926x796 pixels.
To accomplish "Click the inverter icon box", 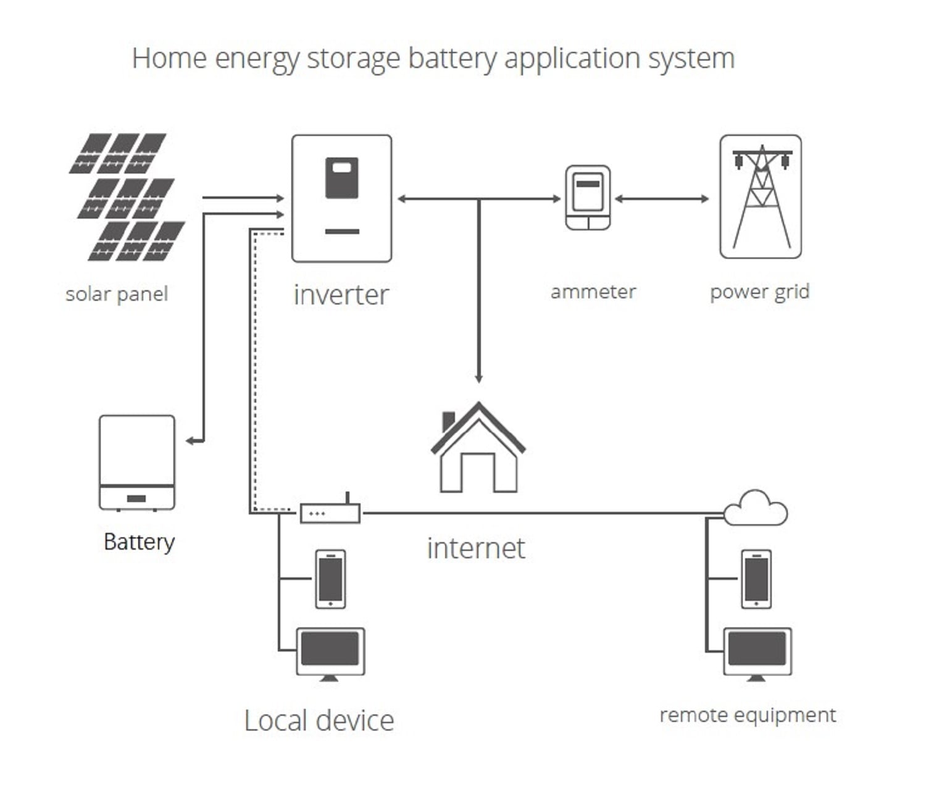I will click(x=341, y=198).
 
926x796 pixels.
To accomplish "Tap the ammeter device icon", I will click(x=588, y=198).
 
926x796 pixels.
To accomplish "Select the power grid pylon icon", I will click(x=761, y=197).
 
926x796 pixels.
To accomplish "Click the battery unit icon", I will click(x=137, y=463).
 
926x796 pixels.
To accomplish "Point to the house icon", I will click(x=478, y=449).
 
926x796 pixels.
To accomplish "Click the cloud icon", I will click(x=756, y=508).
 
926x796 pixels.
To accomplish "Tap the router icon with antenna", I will click(x=330, y=512).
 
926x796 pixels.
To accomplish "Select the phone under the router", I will click(x=330, y=579).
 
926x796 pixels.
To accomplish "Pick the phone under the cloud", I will click(x=756, y=579).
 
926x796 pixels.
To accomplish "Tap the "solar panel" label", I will click(x=117, y=294).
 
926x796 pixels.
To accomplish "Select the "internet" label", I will click(x=475, y=548).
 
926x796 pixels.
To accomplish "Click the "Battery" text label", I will click(x=139, y=542).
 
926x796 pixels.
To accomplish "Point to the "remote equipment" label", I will click(x=748, y=715).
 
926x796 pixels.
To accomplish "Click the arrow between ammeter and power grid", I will click(x=662, y=199).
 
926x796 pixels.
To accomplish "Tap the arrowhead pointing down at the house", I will click(x=478, y=377).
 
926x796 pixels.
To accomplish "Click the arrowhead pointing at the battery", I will click(x=191, y=441).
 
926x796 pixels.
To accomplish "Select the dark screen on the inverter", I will click(x=341, y=178).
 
